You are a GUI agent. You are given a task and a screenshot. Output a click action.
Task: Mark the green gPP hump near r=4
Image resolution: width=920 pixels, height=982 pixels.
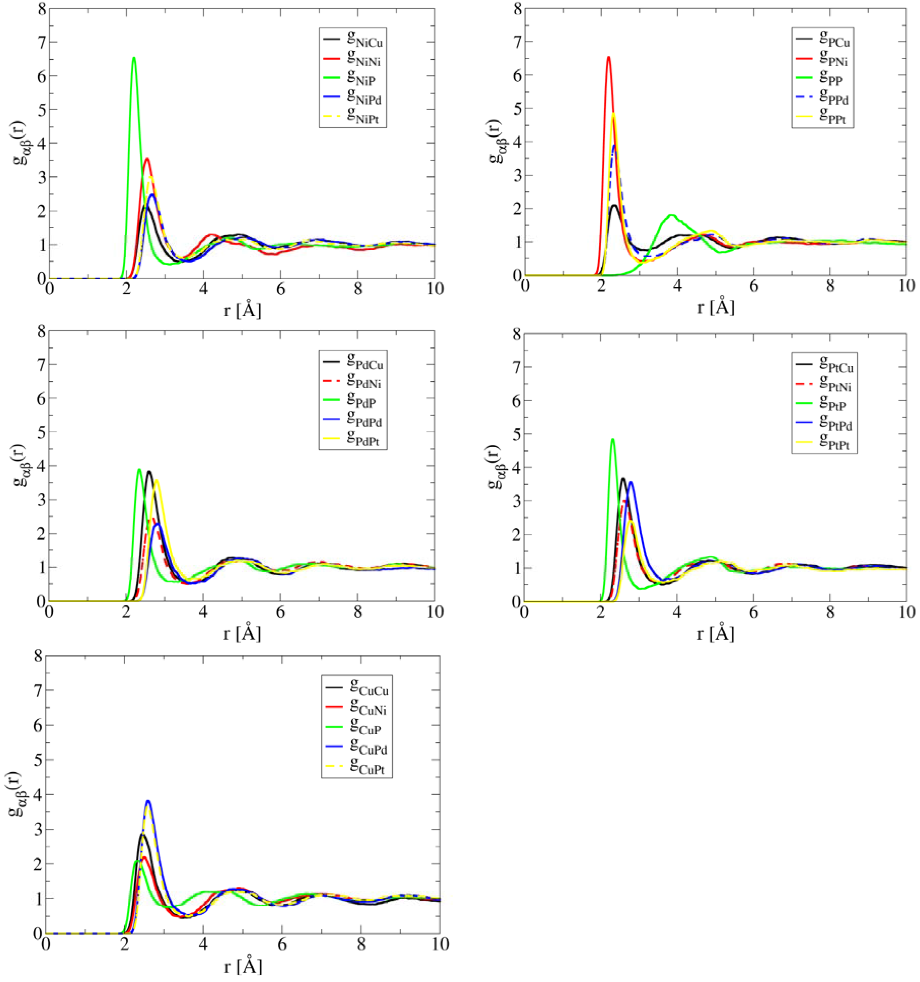click(x=672, y=215)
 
